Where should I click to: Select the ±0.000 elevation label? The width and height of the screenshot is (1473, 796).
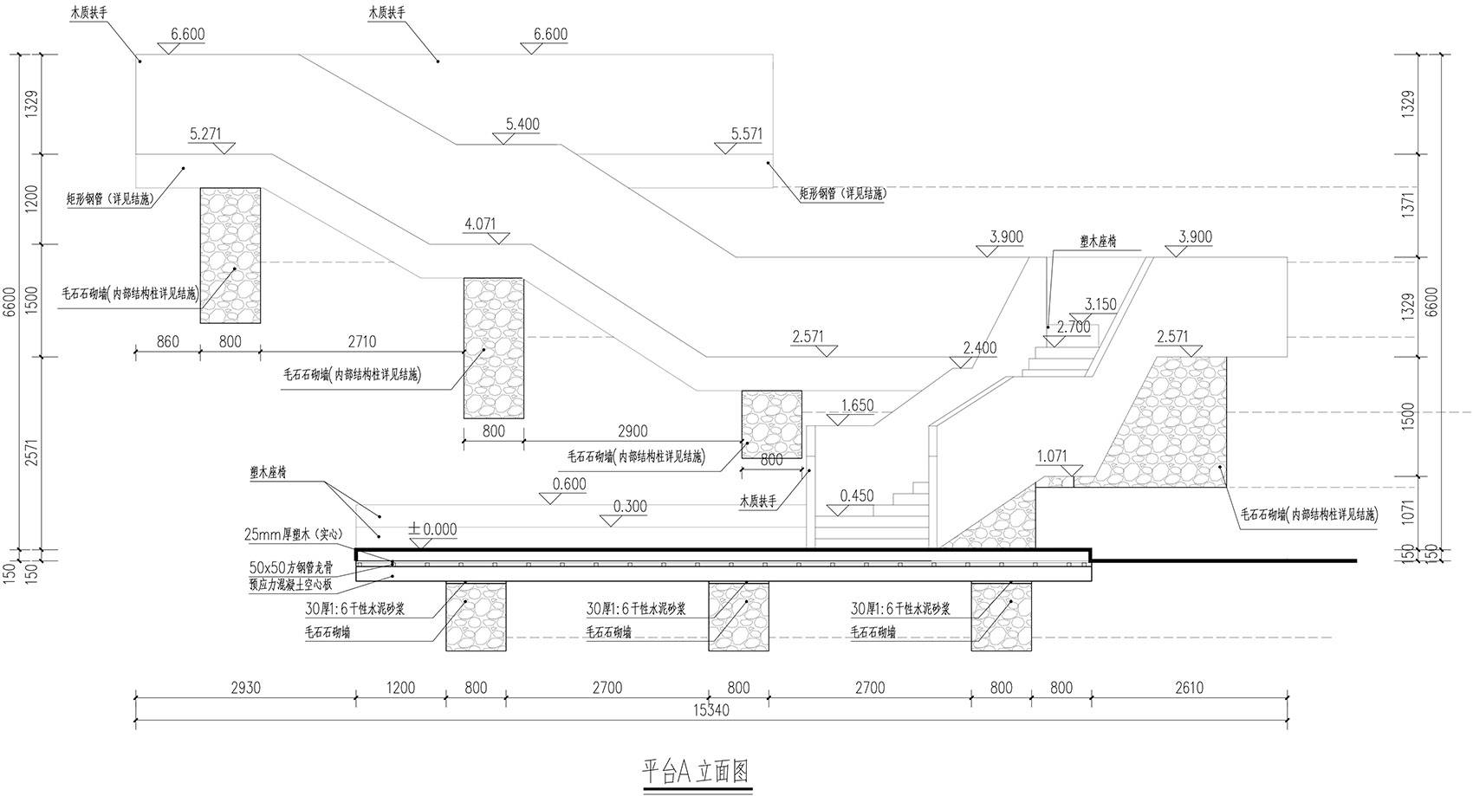(432, 529)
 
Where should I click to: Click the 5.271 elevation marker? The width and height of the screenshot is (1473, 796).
(205, 134)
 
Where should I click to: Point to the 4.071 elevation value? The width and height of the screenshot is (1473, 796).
(480, 224)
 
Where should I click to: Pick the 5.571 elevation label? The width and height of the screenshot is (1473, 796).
(746, 134)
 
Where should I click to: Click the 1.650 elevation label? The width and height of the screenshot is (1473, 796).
(857, 405)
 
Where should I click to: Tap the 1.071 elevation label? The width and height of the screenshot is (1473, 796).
(1052, 456)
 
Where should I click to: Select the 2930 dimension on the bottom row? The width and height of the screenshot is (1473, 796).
(245, 689)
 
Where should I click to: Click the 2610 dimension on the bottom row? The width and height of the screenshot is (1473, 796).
(1189, 689)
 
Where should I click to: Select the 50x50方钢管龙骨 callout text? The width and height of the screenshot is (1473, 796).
(302, 567)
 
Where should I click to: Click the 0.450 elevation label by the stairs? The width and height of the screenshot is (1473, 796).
(856, 496)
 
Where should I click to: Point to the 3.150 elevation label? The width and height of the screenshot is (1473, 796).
(1100, 305)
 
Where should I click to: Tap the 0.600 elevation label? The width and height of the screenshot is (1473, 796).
(568, 484)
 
